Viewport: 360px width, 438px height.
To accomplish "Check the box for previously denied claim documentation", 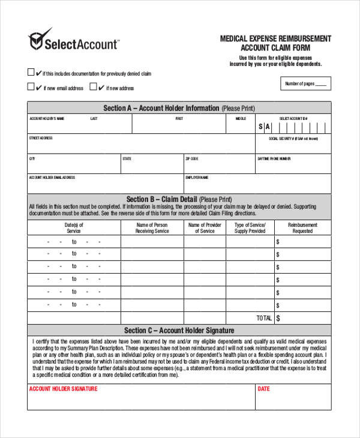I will [31, 73].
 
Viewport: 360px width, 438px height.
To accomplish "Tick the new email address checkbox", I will [31, 87].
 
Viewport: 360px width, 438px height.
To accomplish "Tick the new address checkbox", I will [93, 87].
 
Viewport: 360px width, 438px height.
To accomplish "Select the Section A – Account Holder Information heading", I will [179, 108].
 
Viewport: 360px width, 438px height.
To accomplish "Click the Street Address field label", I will [41, 138].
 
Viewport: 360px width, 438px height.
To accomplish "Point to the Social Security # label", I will [293, 138].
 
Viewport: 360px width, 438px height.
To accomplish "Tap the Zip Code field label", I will [192, 159].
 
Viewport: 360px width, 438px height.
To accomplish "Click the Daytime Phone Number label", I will [274, 159].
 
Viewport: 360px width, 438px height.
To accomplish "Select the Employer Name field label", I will [197, 178].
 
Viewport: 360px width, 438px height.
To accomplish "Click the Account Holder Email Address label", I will [52, 178].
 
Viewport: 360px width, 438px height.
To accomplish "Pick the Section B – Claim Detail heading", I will [179, 199].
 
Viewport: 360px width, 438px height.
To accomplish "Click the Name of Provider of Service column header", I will [205, 228].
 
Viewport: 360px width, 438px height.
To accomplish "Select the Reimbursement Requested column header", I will [302, 228].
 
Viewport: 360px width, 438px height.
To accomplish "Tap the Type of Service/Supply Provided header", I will [250, 228].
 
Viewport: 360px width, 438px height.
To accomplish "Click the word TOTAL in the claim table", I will [264, 318].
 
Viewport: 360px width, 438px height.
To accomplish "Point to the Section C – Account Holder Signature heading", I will [179, 331].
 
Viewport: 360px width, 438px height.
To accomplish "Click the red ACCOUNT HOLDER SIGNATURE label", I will [63, 389].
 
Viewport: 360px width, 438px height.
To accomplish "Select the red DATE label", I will [263, 389].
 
